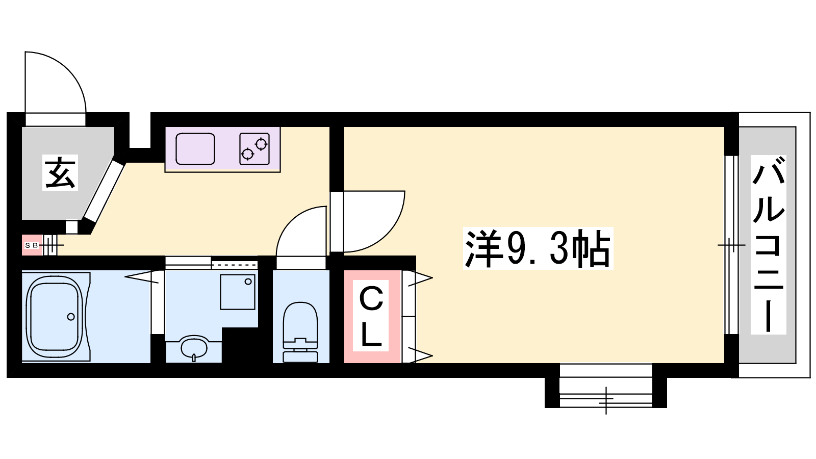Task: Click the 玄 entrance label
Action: tap(60, 173)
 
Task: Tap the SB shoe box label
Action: tap(31, 245)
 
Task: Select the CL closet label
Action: tap(371, 316)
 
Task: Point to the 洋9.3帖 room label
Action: tap(538, 249)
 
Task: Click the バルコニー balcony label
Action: tap(768, 245)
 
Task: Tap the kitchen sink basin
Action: tap(195, 149)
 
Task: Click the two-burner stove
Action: tap(254, 149)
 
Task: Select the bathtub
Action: tap(56, 317)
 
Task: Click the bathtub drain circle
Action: tap(71, 317)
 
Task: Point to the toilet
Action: tap(300, 332)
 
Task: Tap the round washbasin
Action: tap(194, 347)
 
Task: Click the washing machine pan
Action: tap(238, 292)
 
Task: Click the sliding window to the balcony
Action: tap(731, 245)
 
